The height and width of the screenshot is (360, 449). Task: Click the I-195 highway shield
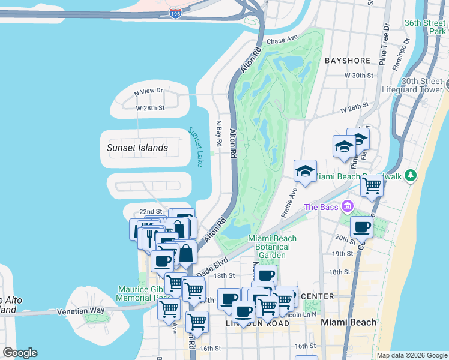click(175, 13)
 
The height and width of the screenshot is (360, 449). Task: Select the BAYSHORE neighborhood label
click(347, 61)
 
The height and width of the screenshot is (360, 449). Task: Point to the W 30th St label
click(359, 76)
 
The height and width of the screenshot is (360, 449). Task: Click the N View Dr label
click(148, 91)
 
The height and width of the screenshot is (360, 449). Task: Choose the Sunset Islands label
click(137, 148)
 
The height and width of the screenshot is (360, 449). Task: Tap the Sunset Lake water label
click(196, 147)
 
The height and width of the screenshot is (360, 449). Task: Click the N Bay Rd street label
click(219, 133)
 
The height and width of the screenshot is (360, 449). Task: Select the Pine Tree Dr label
click(384, 44)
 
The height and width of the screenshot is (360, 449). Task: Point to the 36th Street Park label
click(424, 28)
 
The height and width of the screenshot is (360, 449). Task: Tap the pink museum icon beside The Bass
click(346, 207)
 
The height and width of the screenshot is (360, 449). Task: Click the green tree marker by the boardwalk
click(411, 176)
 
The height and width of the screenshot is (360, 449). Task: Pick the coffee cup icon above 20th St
click(361, 227)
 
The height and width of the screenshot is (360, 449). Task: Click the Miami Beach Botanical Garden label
click(273, 246)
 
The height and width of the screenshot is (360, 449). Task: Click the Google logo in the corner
click(20, 353)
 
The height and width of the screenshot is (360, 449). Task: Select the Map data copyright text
click(411, 355)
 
